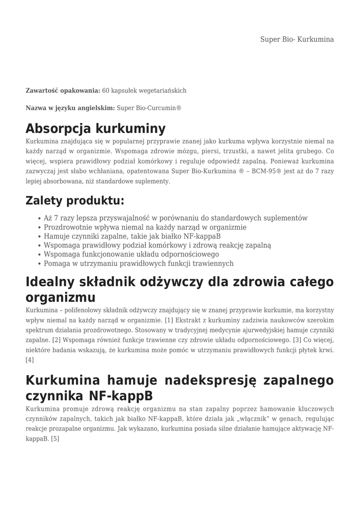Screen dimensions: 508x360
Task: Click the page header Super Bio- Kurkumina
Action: pos(297,39)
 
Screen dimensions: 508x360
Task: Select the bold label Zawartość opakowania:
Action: pos(63,91)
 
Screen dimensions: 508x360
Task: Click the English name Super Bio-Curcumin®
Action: pos(149,108)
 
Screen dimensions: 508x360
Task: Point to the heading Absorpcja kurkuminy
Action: pos(95,128)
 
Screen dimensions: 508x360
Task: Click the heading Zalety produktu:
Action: pos(74,201)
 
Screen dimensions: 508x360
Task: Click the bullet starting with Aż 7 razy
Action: pos(175,218)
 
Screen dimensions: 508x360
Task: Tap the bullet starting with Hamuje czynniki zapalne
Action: pos(132,236)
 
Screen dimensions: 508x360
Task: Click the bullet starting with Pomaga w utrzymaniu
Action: pos(139,263)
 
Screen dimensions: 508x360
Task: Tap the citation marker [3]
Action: pos(297,340)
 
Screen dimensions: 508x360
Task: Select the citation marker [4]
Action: pos(30,360)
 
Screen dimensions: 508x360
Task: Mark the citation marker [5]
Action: pos(55,439)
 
